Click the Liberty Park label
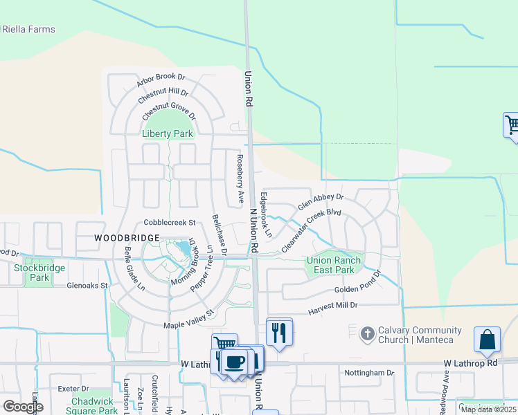click(x=167, y=133)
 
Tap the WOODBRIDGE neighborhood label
click(x=122, y=237)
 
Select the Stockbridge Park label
click(x=39, y=273)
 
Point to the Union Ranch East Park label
click(x=330, y=265)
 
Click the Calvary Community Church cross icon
click(x=367, y=334)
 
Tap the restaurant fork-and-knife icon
click(x=279, y=333)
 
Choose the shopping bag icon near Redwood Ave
click(x=487, y=340)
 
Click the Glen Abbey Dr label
click(x=320, y=203)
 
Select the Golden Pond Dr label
click(x=358, y=290)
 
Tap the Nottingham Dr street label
click(x=368, y=373)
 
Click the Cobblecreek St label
click(x=170, y=223)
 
